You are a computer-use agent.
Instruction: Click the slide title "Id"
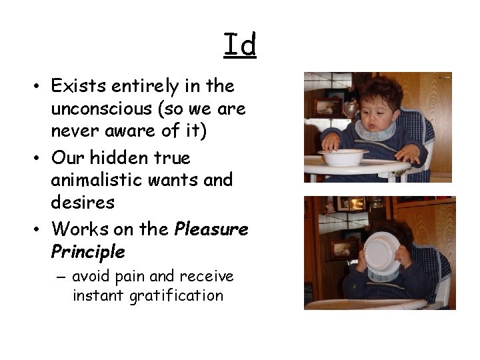240,45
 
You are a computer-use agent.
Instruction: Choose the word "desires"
83,202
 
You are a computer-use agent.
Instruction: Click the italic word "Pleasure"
211,230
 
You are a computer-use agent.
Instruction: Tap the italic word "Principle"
87,252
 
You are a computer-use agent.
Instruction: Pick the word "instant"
99,295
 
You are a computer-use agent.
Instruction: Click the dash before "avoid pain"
63,277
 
